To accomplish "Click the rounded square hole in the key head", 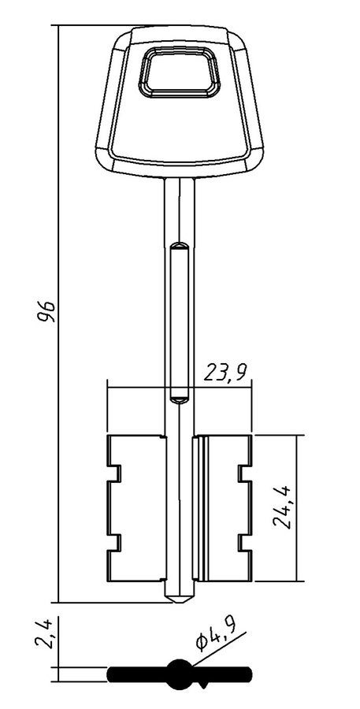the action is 180,72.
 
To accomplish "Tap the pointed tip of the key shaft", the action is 180,602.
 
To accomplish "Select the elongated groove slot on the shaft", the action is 180,322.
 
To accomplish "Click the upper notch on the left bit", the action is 115,473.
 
